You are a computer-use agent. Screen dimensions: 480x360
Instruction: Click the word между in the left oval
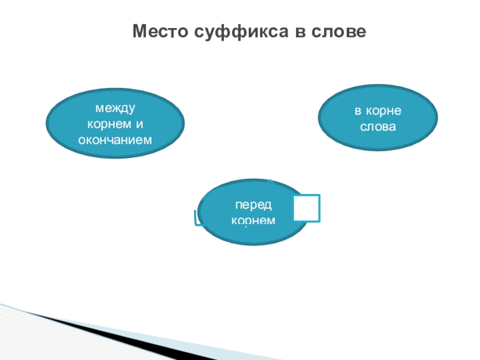point(115,109)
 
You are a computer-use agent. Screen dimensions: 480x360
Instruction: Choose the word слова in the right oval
point(377,127)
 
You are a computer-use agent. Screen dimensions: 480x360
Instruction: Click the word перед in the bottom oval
point(253,205)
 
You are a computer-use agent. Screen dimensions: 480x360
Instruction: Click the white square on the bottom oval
point(307,207)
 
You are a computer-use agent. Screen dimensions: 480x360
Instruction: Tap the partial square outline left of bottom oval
point(197,218)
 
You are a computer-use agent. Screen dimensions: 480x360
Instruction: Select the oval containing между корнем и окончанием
point(115,124)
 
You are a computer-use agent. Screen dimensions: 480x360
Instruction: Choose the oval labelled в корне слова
point(377,119)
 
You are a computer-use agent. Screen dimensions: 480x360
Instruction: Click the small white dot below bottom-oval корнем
point(246,229)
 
